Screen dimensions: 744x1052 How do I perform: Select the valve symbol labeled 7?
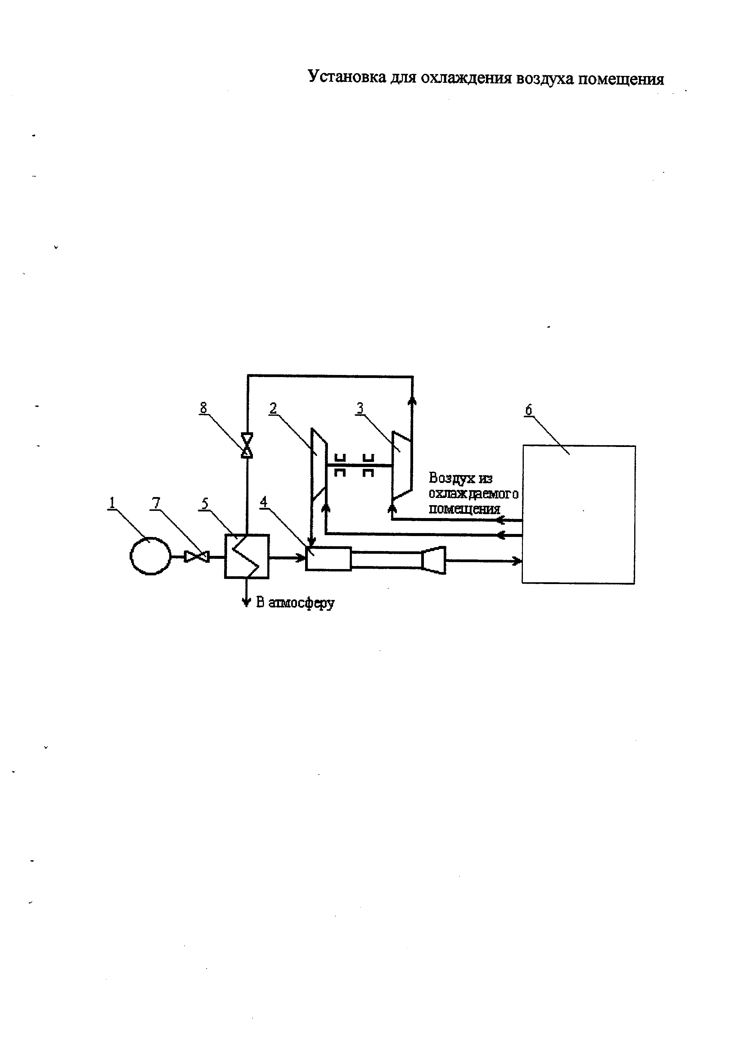click(x=196, y=557)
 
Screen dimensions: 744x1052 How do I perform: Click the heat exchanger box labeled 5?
click(x=247, y=556)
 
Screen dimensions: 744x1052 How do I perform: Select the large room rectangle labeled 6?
click(x=579, y=514)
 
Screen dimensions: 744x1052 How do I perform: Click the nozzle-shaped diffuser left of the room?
click(x=433, y=560)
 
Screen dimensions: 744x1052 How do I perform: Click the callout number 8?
click(x=203, y=407)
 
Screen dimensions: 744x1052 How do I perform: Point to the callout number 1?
click(x=111, y=503)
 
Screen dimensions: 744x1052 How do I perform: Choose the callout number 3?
click(x=360, y=408)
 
